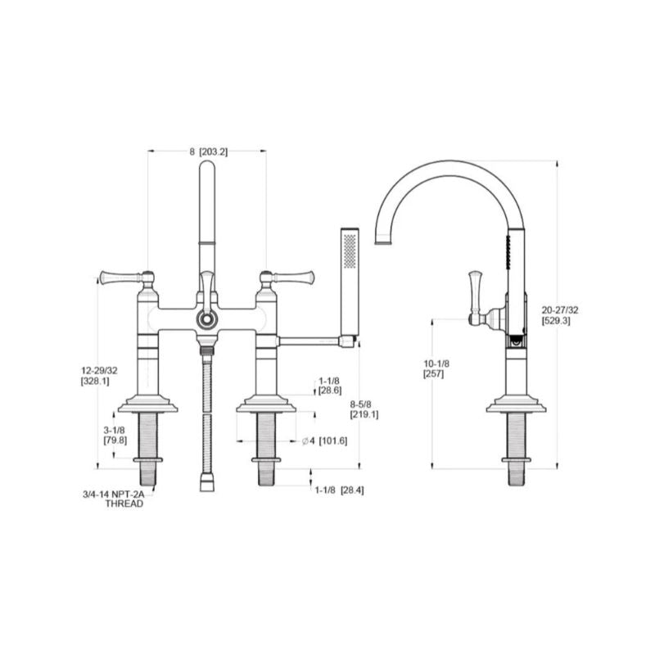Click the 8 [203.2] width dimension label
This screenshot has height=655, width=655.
click(x=209, y=152)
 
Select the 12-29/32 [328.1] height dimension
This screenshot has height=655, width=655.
click(x=99, y=376)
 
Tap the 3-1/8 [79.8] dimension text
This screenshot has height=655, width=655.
click(x=115, y=435)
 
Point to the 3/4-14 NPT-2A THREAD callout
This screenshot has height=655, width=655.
click(x=114, y=499)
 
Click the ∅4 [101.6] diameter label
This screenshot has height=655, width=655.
click(x=324, y=440)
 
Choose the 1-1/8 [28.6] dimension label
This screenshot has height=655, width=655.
click(x=330, y=386)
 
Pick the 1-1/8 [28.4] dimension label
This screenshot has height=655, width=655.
click(x=339, y=490)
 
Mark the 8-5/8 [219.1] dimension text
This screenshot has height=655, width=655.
click(x=364, y=409)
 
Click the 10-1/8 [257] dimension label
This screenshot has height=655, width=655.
click(x=436, y=369)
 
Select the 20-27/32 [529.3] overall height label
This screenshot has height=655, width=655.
click(x=560, y=315)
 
